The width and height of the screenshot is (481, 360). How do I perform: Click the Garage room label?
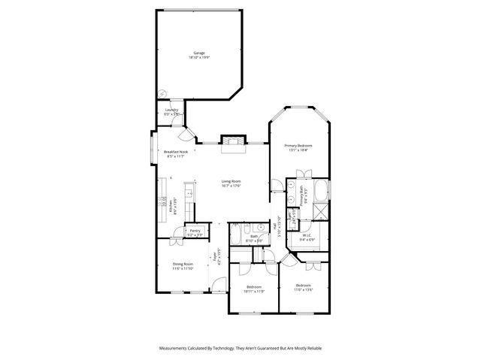click(199, 53)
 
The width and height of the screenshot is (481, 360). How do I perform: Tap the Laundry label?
click(171, 110)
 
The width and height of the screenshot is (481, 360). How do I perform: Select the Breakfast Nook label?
click(175, 152)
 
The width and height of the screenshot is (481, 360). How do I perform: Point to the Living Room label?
click(231, 180)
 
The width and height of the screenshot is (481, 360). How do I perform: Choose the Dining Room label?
click(183, 263)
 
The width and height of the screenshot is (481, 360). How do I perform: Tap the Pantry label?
click(195, 231)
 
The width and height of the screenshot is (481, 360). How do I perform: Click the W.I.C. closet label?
click(307, 234)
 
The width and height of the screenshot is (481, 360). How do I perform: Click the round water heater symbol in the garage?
click(161, 94)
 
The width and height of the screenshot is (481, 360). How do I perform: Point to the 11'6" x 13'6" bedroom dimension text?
click(303, 289)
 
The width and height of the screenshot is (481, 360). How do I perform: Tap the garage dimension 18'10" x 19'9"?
click(199, 57)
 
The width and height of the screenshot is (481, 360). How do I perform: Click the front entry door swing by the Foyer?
click(217, 284)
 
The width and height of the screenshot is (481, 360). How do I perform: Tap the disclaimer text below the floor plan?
click(240, 349)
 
